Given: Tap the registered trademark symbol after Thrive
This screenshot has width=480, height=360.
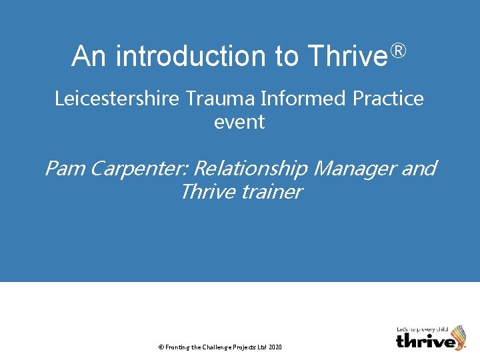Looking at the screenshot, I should click(x=397, y=50).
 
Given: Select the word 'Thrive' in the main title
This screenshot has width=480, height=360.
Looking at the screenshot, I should click(x=347, y=56).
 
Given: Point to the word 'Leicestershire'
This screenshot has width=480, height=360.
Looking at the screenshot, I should click(x=116, y=99).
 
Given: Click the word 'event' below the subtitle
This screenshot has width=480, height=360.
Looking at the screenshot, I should click(x=239, y=122).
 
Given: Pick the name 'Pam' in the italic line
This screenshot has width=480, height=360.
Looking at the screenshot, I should click(x=65, y=169).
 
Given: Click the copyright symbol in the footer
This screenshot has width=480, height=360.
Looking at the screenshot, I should click(x=160, y=347).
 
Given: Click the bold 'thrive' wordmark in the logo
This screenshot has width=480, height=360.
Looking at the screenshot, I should click(x=426, y=341).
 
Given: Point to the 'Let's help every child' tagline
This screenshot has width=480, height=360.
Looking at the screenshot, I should click(x=422, y=329).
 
